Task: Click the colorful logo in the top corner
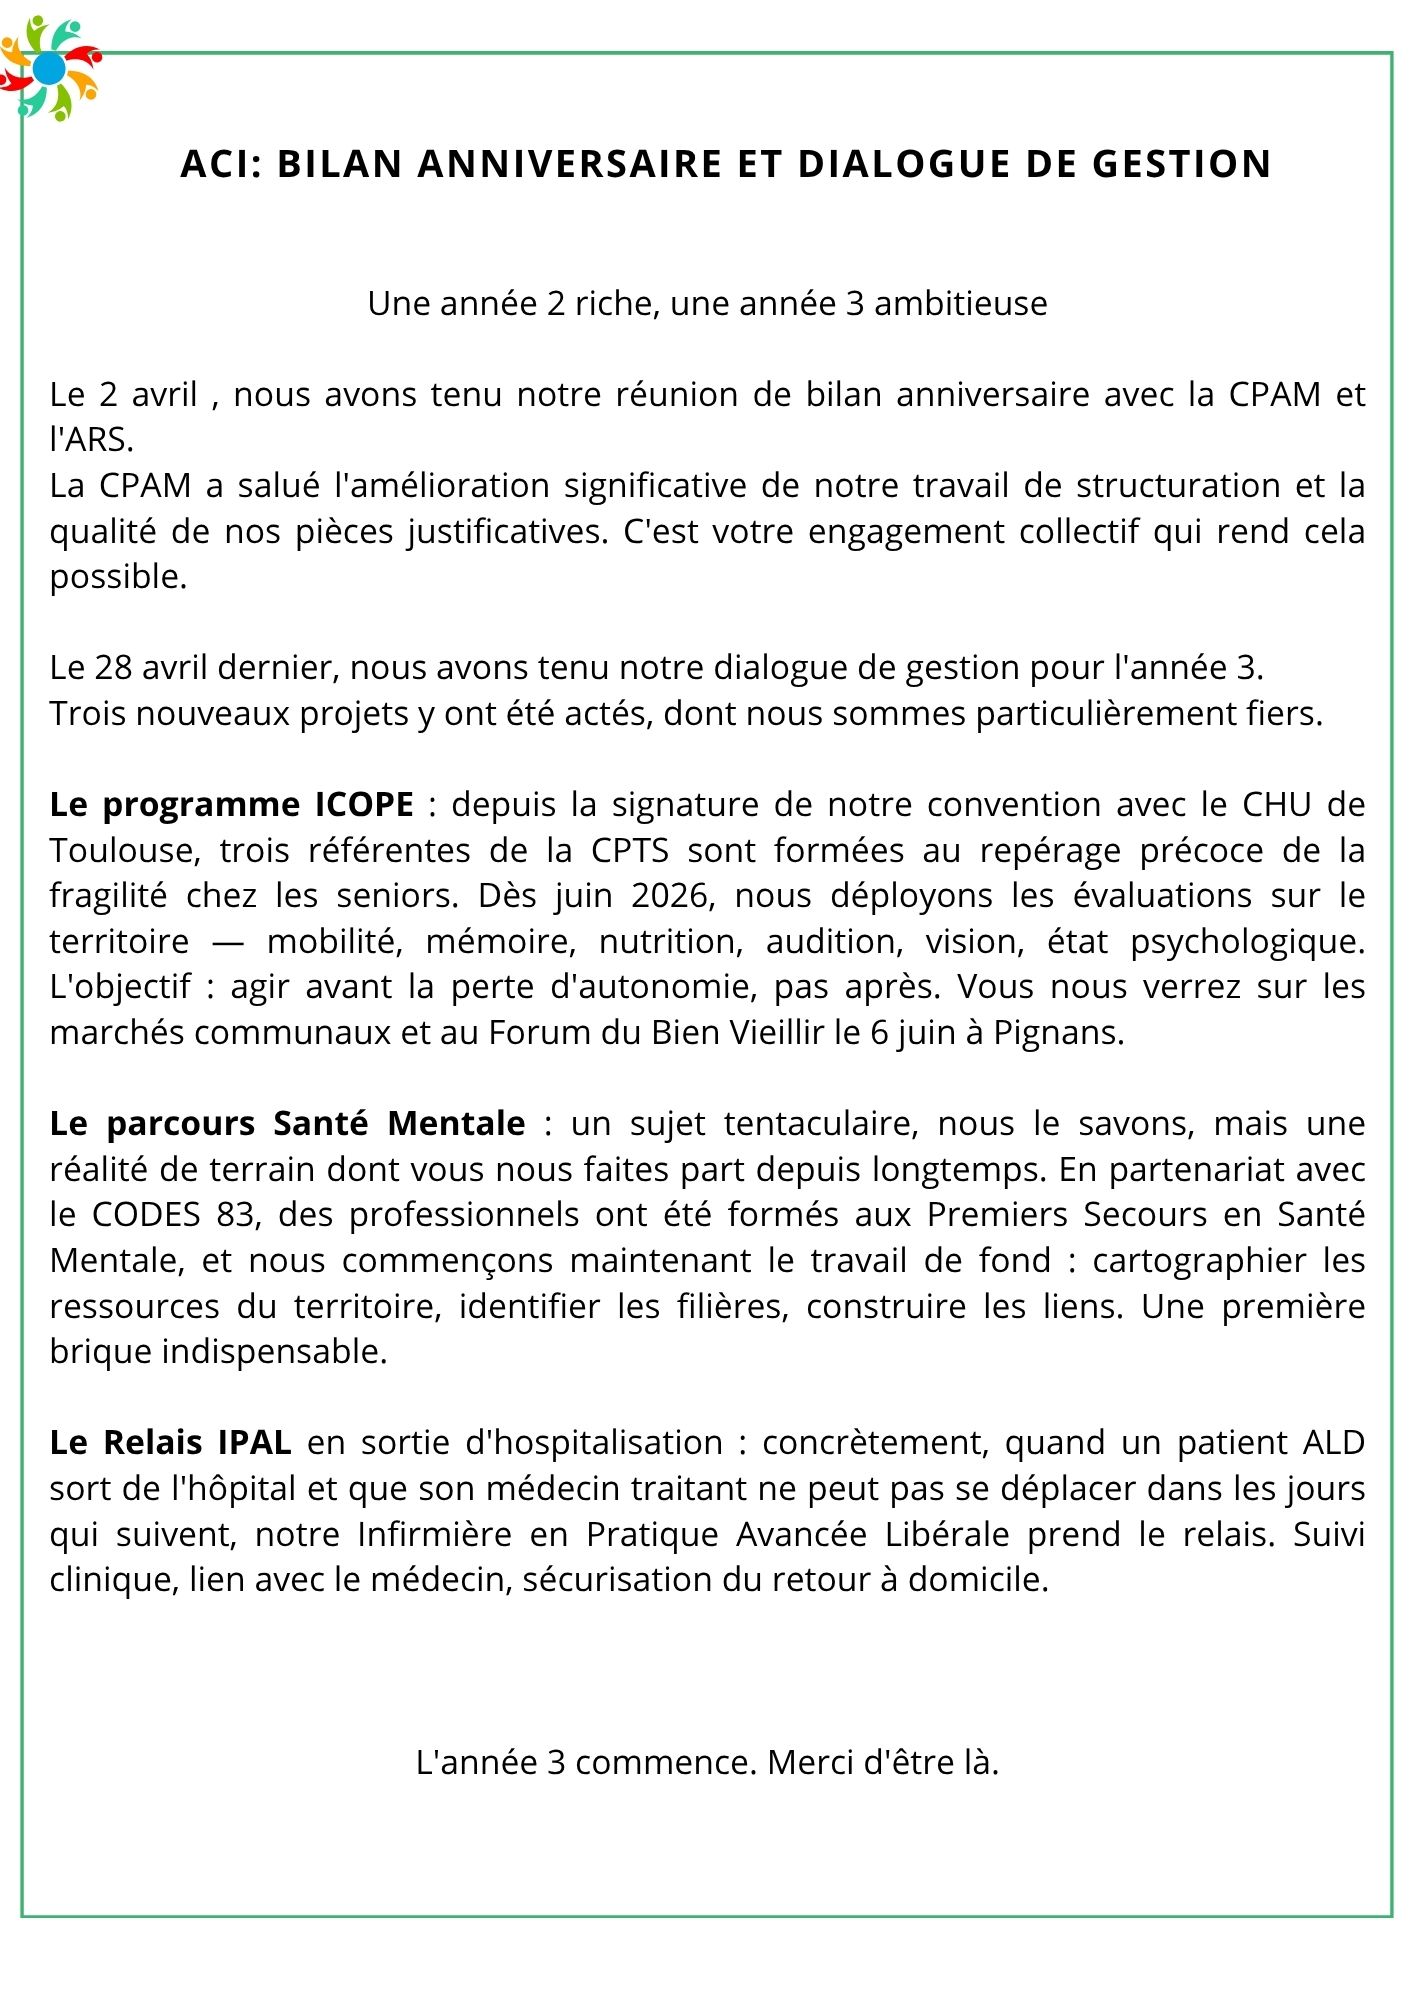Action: (x=50, y=68)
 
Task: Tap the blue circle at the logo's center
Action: (x=49, y=68)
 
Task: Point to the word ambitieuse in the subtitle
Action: (x=960, y=304)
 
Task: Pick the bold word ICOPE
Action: (x=364, y=805)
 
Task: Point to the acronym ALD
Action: (x=1333, y=1443)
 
